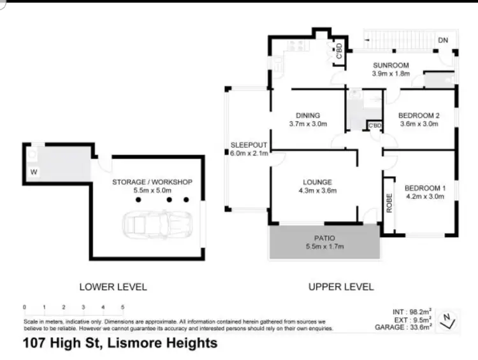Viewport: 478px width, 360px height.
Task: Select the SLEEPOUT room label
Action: [x=249, y=145]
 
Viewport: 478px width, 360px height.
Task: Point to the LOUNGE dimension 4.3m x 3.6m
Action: [x=317, y=191]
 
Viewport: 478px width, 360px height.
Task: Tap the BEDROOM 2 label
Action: [x=419, y=115]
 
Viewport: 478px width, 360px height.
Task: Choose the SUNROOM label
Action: [x=391, y=65]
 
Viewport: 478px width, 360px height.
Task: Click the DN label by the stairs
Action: [x=444, y=41]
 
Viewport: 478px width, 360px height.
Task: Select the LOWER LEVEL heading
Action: [x=113, y=287]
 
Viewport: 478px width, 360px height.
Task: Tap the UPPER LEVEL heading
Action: [x=341, y=287]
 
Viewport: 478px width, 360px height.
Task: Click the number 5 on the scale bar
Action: [x=122, y=307]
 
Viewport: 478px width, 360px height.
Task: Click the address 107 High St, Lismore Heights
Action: [x=120, y=343]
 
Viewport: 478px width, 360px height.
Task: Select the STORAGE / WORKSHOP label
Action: [x=152, y=182]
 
